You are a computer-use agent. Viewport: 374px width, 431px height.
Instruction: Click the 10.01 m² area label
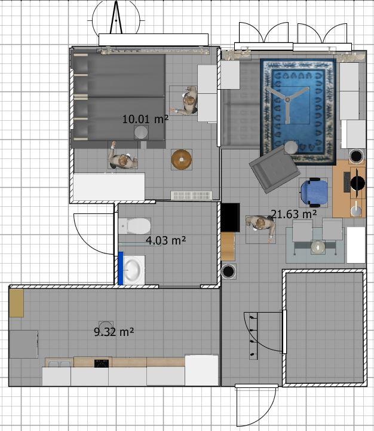(145, 120)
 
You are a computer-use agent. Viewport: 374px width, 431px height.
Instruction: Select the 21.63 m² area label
(294, 214)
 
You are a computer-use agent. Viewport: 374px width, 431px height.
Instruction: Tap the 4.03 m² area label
(165, 240)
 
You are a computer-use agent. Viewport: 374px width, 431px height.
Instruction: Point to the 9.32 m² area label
(114, 332)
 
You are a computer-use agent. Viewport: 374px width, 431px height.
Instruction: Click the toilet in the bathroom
(134, 226)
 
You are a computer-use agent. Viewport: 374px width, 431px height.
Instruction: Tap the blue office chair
(314, 192)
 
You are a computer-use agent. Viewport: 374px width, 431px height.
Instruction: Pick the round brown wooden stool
(182, 160)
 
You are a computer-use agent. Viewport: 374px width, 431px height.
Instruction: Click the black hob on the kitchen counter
(102, 363)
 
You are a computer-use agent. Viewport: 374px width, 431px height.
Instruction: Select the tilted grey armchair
(274, 169)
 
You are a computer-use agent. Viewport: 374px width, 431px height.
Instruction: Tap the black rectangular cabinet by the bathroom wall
(230, 218)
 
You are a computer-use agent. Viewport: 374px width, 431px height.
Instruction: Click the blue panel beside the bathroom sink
(121, 268)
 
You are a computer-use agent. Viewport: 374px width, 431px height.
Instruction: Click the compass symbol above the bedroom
(117, 18)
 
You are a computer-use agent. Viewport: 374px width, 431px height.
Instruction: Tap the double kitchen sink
(59, 364)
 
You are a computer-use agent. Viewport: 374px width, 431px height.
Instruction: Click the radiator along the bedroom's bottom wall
(192, 195)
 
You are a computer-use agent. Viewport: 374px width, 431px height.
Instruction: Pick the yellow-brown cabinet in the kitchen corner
(16, 303)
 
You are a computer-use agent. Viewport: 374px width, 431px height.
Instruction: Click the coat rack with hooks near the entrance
(253, 336)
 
